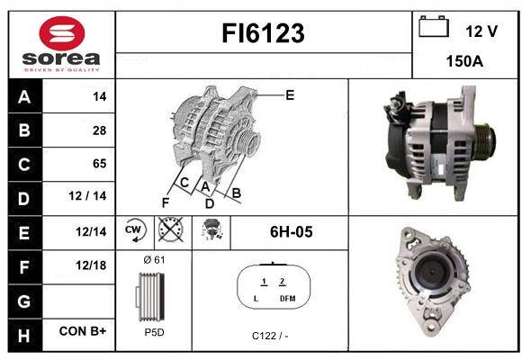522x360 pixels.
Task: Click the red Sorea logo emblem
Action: point(62,33)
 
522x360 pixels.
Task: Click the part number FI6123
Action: point(263,33)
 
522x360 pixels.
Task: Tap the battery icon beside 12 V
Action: point(434,26)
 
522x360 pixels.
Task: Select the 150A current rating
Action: point(464,61)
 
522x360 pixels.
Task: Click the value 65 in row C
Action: point(100,164)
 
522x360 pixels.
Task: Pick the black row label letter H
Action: point(24,336)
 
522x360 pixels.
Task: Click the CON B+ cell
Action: point(83,331)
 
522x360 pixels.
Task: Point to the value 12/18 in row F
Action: point(91,265)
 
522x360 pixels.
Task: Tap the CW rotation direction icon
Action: point(134,230)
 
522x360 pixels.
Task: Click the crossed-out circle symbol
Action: point(170,229)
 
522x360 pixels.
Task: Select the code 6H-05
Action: point(292,232)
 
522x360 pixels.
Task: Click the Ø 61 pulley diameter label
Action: point(154,260)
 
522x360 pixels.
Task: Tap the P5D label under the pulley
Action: point(154,332)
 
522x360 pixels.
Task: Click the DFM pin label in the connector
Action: point(288,299)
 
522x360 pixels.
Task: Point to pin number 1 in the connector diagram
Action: point(264,282)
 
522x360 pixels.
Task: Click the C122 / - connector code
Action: point(270,336)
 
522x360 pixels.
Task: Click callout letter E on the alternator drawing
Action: point(290,95)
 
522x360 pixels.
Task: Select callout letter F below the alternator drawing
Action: point(166,202)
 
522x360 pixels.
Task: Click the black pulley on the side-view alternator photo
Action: point(485,141)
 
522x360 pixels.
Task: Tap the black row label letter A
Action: point(24,97)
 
